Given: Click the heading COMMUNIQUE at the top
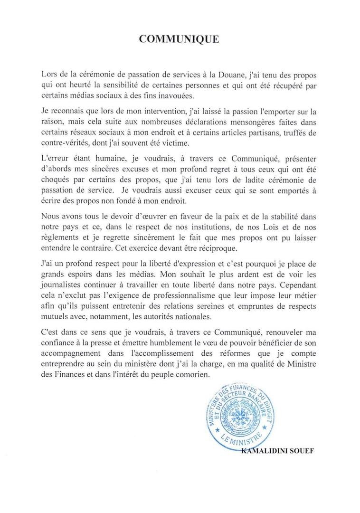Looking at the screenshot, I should [x=179, y=39].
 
